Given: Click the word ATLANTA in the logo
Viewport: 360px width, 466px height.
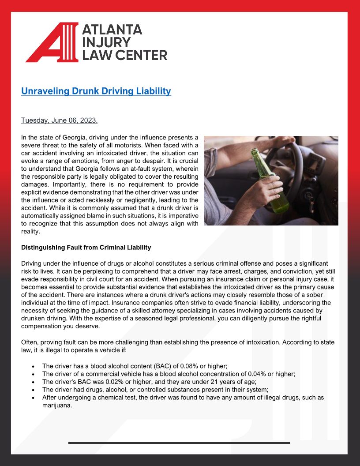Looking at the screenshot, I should [x=112, y=30].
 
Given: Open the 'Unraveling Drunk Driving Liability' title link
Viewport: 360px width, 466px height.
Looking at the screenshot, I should [x=96, y=91].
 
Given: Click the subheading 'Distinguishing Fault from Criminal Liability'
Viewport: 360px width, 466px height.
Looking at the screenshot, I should [x=86, y=247].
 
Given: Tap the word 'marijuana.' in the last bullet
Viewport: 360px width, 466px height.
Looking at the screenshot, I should [x=57, y=405].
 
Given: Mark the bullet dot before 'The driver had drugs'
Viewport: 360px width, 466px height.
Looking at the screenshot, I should [x=34, y=390].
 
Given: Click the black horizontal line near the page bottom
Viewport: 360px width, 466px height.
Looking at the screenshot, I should [x=179, y=442].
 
